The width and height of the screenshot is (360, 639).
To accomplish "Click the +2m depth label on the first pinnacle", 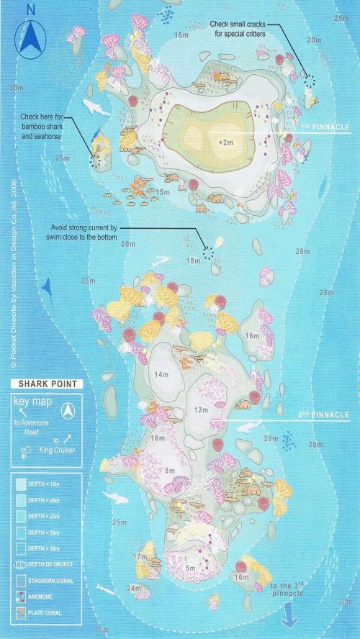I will pos(226,143).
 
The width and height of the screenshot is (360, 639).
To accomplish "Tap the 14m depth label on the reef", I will pos(161,374).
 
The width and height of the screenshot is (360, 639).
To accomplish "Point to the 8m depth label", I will pos(171,471).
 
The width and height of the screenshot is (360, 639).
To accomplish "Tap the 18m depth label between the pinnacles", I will pos(193,260).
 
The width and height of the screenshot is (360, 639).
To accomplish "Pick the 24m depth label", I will pos(134,588).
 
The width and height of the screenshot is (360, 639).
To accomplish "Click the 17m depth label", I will pos(140,556).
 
